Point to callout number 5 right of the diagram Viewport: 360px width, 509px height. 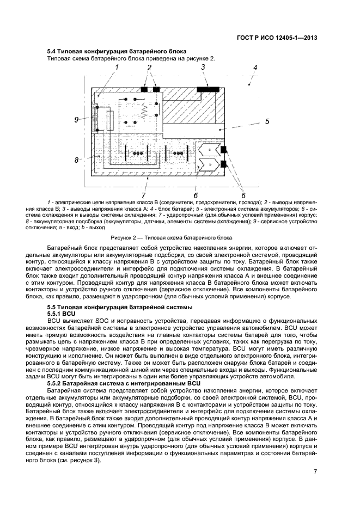click(267, 121)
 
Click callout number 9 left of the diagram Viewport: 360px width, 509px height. click(77, 120)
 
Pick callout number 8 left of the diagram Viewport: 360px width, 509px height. click(77, 160)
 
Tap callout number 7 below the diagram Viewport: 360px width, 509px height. click(143, 195)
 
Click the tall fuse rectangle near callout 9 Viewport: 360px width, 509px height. click(110, 121)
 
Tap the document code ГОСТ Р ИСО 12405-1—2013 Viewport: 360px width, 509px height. click(277, 38)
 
